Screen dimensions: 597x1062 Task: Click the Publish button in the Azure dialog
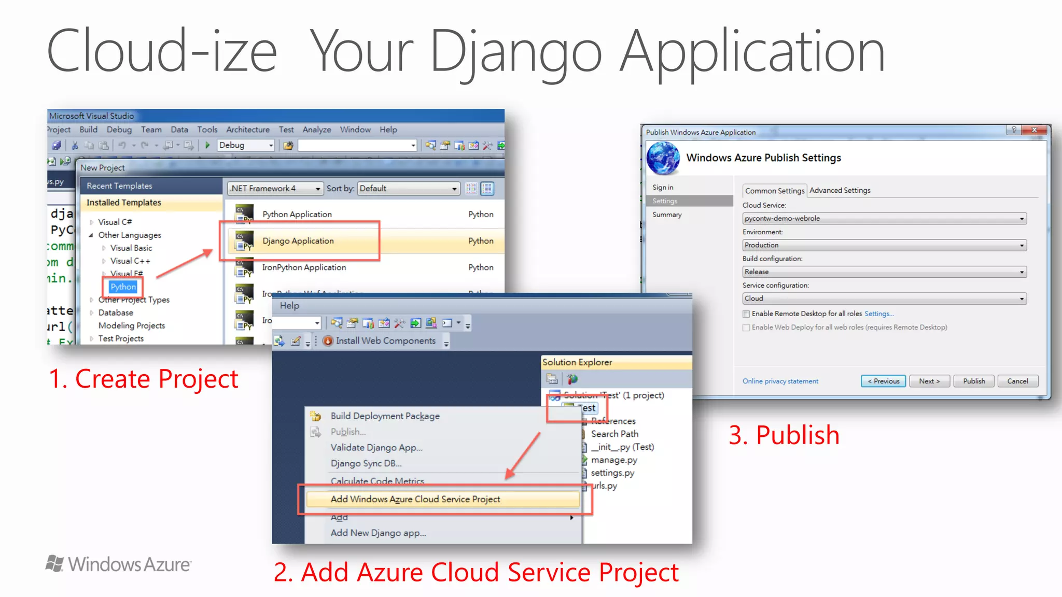coord(974,381)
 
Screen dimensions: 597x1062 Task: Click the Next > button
coord(929,381)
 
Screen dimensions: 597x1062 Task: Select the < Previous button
coord(884,381)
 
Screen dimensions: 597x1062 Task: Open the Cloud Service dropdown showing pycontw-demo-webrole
coord(884,219)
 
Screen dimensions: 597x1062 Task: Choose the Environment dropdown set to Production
coord(884,245)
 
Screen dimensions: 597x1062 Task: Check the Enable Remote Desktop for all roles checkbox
coord(746,314)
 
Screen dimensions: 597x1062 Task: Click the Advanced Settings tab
coord(840,190)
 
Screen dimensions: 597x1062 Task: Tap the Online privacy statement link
coord(780,381)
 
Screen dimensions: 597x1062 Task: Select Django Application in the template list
coord(298,241)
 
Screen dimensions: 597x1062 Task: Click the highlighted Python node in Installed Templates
coord(123,287)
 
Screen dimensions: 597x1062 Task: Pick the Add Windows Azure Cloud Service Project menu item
coord(415,499)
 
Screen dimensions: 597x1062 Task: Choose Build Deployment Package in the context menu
coord(385,416)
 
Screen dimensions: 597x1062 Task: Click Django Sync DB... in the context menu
coord(366,463)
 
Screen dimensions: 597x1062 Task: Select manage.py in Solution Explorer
coord(614,460)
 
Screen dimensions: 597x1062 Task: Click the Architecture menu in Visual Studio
coord(248,130)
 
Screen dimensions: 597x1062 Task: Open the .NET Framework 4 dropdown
coord(275,189)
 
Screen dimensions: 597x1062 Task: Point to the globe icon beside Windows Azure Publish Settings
coord(663,158)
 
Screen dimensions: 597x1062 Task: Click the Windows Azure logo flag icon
coord(54,563)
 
